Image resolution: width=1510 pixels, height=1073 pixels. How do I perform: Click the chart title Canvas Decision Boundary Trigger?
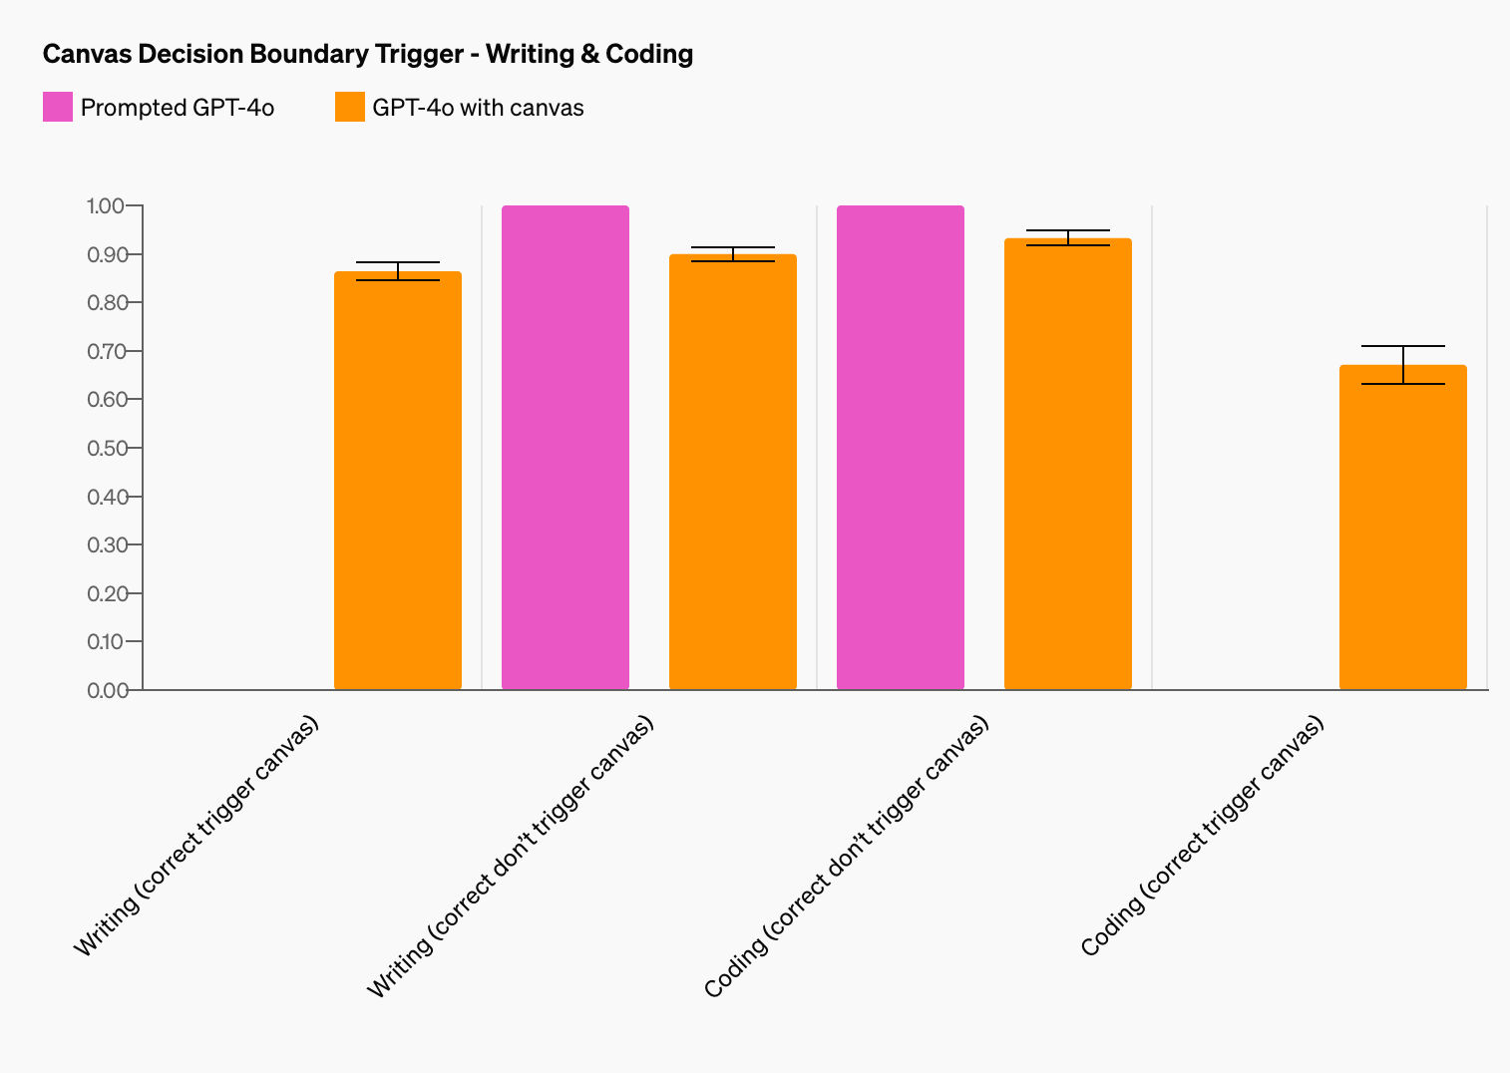253,54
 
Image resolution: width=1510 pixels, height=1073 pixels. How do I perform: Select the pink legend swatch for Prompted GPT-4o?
58,107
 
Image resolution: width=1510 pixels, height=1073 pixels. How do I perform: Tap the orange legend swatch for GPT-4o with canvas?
350,107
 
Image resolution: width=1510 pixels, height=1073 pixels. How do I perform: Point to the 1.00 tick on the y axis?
106,205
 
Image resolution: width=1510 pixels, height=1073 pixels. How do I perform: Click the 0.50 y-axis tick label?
106,448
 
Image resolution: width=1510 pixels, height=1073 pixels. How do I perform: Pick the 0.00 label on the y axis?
106,690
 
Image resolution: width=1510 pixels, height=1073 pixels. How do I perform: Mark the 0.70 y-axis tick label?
106,351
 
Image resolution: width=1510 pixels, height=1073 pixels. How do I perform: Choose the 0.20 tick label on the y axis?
106,593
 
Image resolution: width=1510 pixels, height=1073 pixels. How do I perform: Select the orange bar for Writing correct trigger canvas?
398,481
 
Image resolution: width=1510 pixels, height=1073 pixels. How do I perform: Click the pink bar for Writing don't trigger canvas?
566,448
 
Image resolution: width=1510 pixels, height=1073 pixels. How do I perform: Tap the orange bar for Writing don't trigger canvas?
733,472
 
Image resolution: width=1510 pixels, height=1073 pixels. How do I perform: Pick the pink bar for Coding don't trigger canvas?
901,448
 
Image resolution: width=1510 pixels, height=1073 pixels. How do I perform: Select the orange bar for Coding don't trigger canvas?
1068,464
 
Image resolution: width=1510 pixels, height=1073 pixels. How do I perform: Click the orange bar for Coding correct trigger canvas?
1403,528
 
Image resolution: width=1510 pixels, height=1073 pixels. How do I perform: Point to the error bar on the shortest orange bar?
1403,365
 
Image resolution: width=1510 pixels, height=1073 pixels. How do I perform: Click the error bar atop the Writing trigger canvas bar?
398,271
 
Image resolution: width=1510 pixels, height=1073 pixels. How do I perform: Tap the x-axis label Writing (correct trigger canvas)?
195,836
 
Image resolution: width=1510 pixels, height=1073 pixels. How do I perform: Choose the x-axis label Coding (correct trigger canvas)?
1202,836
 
